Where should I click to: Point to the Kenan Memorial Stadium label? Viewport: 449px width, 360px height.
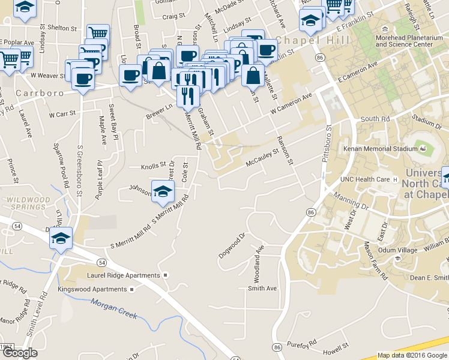pos(376,149)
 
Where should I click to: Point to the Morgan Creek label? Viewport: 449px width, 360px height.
pos(114,308)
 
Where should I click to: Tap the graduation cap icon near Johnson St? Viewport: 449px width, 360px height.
pos(162,191)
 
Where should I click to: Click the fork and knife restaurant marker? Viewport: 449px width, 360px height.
pos(188,95)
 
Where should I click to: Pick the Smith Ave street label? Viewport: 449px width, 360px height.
pos(262,289)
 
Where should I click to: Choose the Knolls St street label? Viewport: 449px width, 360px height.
pos(153,165)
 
